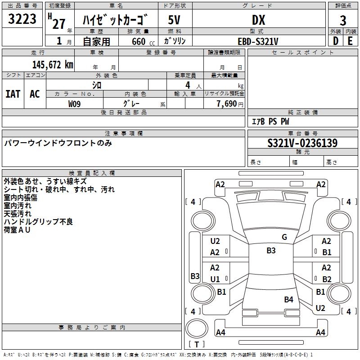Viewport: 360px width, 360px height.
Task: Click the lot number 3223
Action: click(x=23, y=19)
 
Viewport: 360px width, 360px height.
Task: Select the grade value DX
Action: click(x=258, y=20)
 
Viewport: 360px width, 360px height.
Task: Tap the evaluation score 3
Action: click(x=343, y=20)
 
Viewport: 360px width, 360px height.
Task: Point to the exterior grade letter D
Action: click(x=335, y=40)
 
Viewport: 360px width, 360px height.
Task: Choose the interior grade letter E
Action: click(x=350, y=40)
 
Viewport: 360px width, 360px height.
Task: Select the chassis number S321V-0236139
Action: click(x=302, y=143)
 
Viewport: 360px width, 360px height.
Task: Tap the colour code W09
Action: click(x=75, y=103)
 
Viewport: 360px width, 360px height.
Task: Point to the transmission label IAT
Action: click(x=13, y=94)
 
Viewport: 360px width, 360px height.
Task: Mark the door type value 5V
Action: click(x=174, y=20)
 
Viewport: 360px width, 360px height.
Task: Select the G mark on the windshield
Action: click(x=284, y=237)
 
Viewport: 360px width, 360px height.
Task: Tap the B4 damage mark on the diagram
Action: click(x=288, y=299)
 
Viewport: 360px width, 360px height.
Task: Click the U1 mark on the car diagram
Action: click(x=215, y=279)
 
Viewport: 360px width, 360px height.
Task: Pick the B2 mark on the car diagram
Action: click(x=327, y=279)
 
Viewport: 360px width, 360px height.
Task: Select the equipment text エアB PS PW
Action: click(x=270, y=121)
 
